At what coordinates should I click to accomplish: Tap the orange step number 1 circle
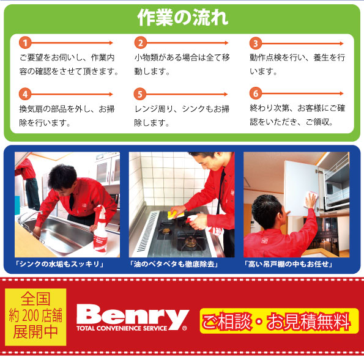point(25,43)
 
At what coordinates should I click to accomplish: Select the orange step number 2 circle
point(140,43)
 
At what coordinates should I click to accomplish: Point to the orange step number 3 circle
point(256,43)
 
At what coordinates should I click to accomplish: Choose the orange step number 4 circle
point(25,94)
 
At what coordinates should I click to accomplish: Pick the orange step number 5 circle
point(140,94)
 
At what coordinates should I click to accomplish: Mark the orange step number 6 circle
point(256,94)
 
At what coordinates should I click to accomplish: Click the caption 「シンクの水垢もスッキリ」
point(60,265)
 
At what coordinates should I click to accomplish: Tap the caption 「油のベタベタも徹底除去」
point(174,265)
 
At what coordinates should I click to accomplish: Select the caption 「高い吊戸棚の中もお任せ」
point(288,265)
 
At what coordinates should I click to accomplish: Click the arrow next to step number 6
point(306,95)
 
